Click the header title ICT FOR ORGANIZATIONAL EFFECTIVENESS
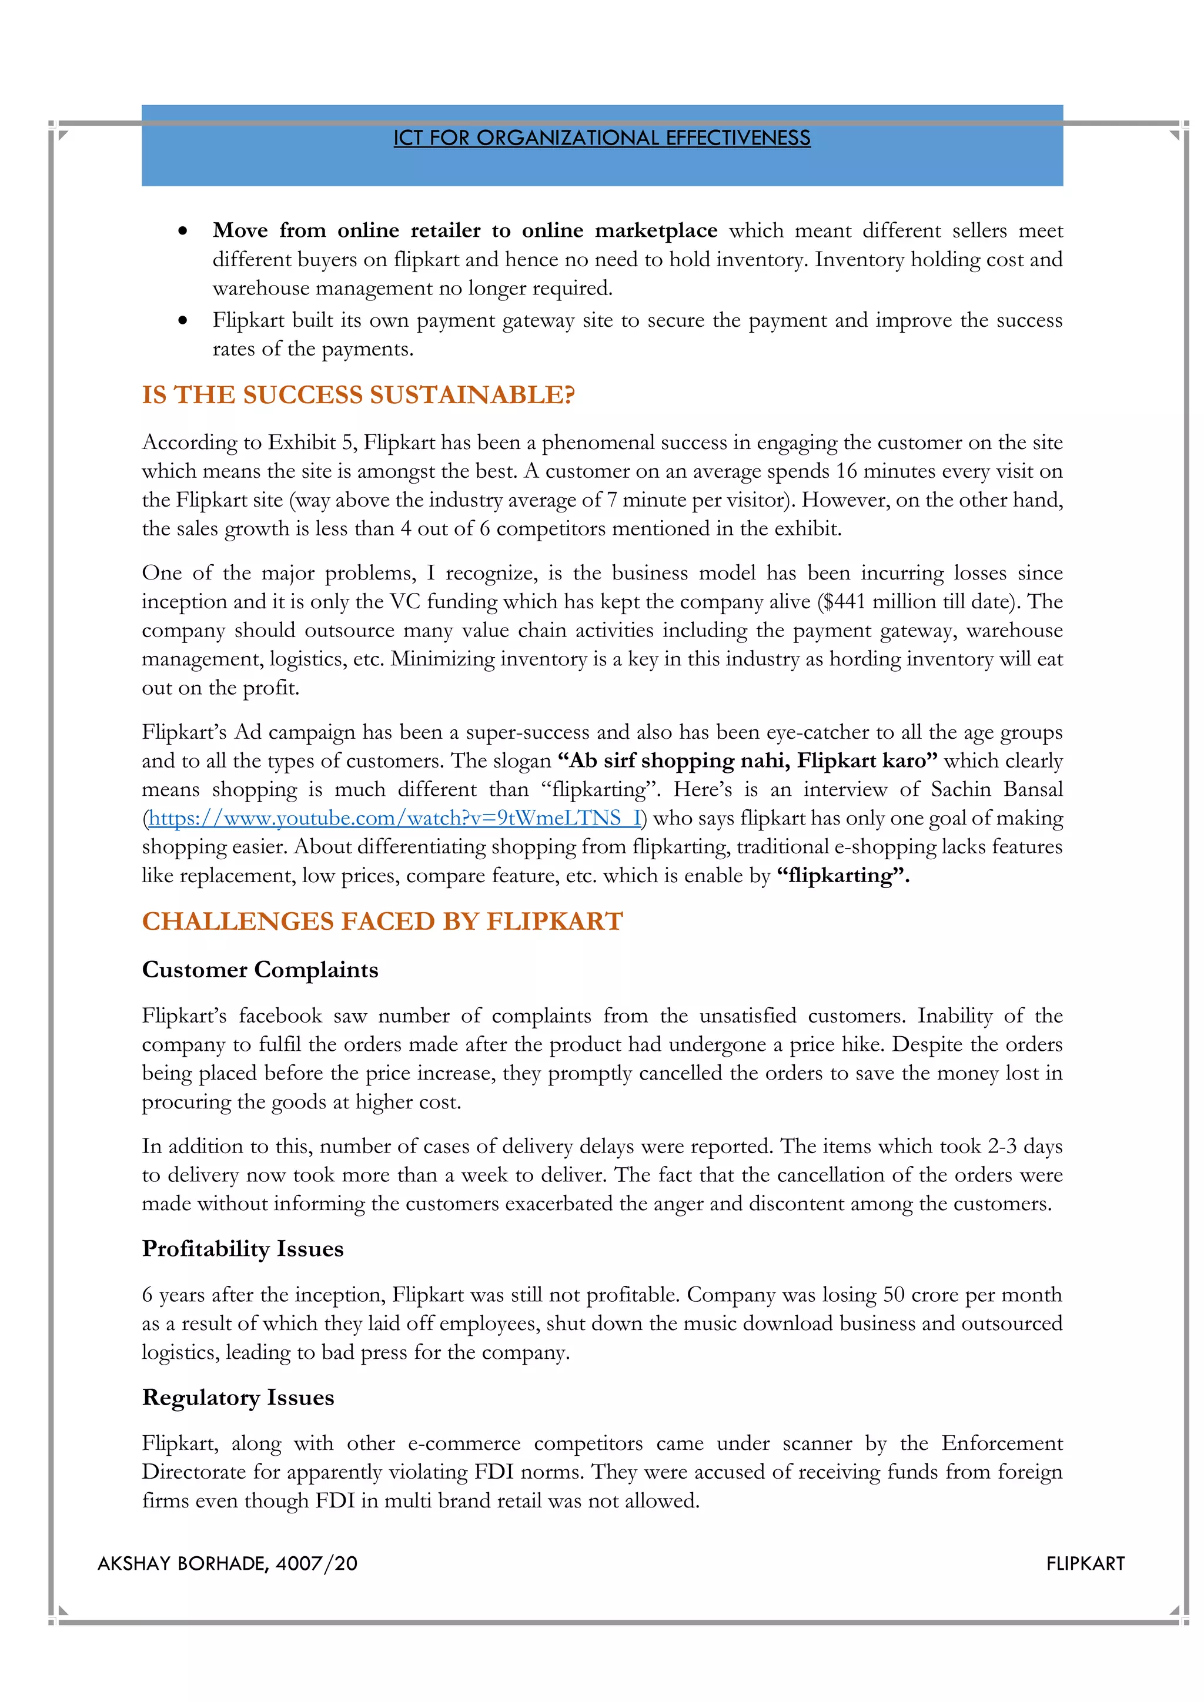(601, 138)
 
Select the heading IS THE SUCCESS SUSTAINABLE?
(358, 395)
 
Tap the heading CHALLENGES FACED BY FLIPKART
(382, 922)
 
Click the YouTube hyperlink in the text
(394, 819)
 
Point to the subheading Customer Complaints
(259, 970)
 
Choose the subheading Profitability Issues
(242, 1248)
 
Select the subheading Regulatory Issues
(238, 1398)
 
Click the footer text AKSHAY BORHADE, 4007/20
(227, 1564)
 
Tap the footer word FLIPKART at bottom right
(1085, 1564)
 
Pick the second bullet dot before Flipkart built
(182, 321)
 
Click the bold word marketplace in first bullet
(656, 230)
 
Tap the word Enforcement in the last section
(1002, 1443)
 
